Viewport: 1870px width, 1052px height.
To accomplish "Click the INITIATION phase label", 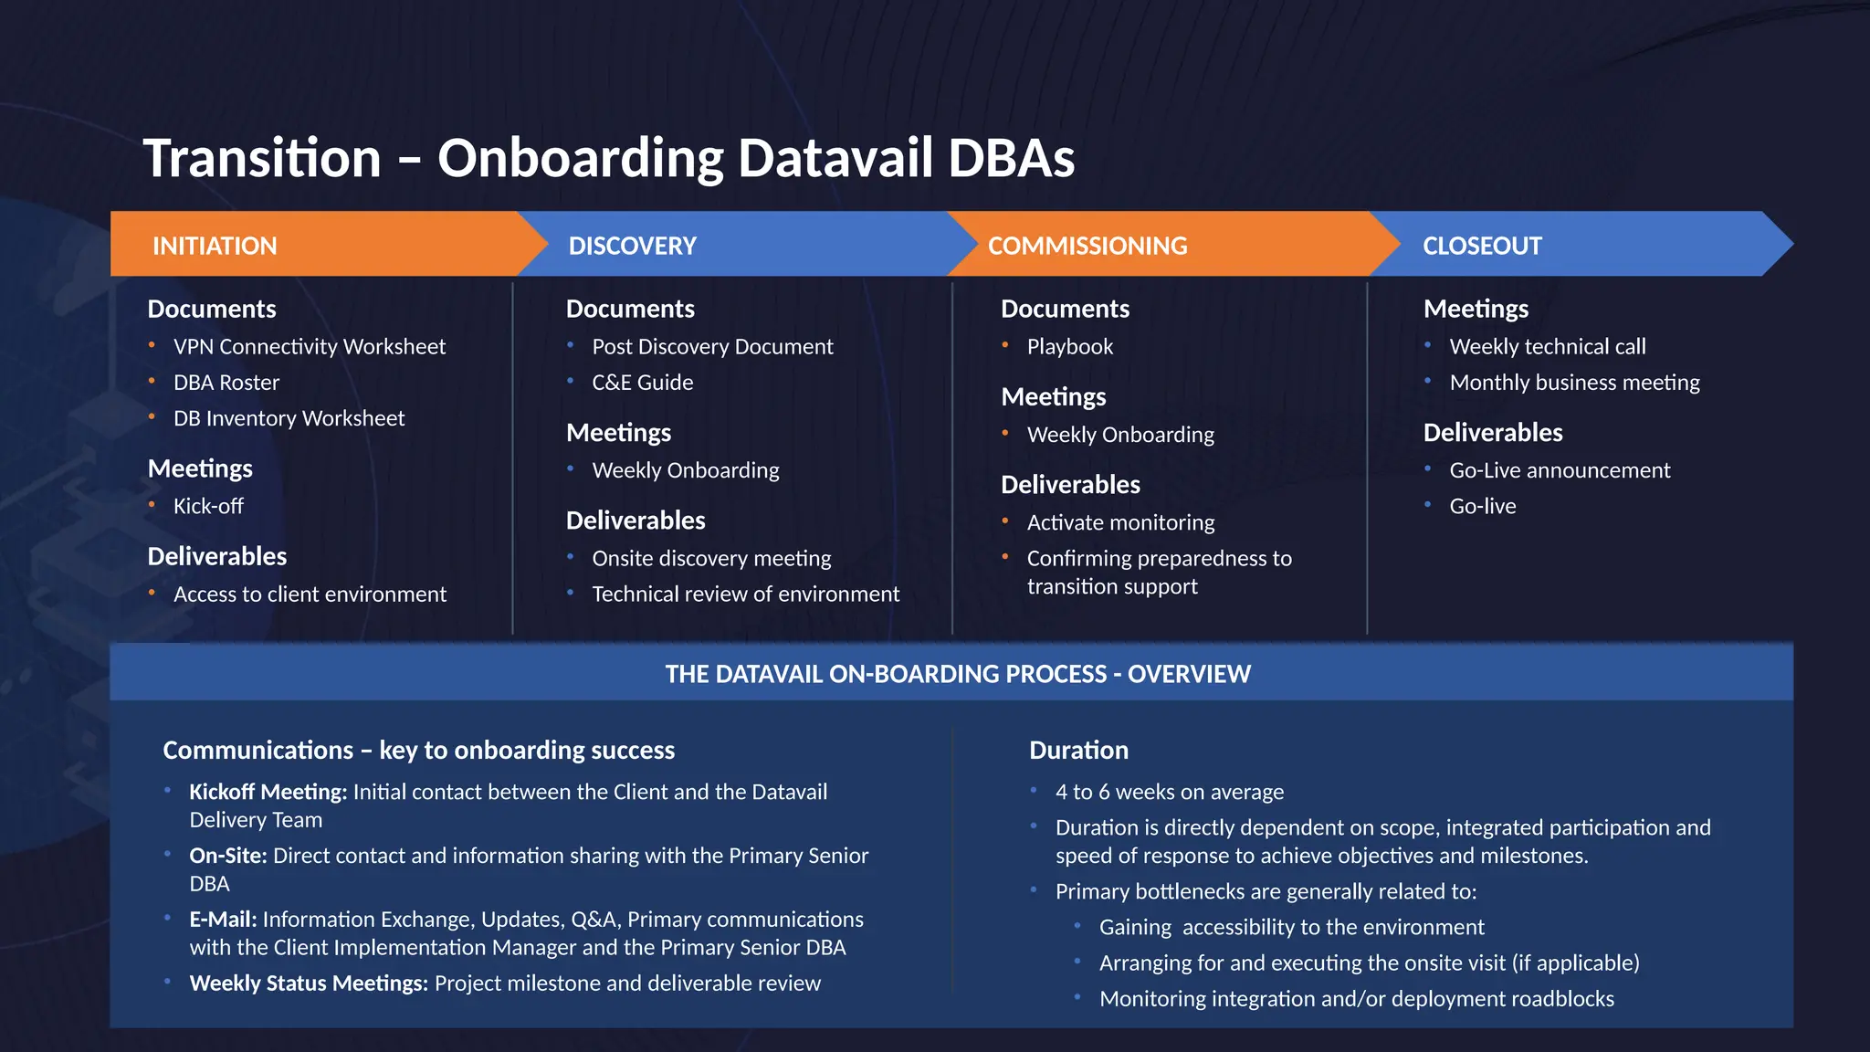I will point(215,246).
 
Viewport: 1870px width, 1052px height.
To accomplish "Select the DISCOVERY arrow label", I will point(632,246).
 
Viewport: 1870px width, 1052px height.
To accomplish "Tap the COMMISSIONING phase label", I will point(1087,246).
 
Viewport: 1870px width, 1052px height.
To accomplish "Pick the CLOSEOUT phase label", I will point(1481,246).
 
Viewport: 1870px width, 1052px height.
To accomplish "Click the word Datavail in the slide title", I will point(835,158).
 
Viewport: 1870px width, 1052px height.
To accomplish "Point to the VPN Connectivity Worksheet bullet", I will point(309,347).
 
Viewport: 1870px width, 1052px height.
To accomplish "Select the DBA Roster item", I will point(226,383).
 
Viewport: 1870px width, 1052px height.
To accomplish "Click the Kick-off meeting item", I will point(208,506).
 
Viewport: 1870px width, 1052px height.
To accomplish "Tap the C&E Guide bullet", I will point(642,383).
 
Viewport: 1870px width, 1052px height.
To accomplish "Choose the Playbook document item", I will point(1069,347).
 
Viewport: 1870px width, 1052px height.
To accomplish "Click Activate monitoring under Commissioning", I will point(1120,522).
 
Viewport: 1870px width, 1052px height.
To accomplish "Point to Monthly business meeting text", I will point(1574,383).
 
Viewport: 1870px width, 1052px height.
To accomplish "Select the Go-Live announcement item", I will point(1559,470).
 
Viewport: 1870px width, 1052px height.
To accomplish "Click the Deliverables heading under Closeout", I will point(1492,433).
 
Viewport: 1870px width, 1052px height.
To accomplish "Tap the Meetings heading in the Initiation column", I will point(200,468).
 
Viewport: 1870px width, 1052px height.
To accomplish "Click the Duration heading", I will point(1078,751).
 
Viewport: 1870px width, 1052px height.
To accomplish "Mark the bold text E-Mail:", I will point(223,920).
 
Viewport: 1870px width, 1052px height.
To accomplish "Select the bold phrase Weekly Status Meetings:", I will point(309,984).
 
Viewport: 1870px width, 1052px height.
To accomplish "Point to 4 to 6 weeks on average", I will point(1169,792).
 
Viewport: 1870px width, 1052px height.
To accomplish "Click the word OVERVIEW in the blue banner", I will point(1189,674).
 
